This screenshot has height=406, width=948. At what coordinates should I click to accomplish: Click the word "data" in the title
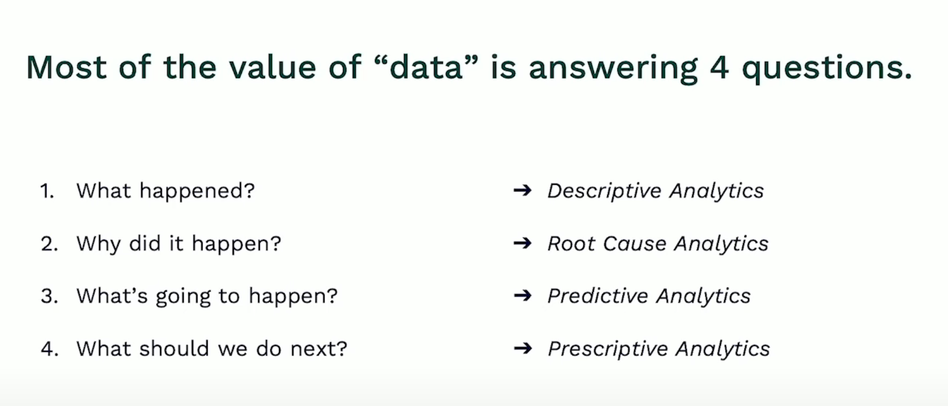426,67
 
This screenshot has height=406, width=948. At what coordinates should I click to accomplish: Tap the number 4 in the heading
719,68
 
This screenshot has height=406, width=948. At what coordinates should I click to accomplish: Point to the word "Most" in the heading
66,67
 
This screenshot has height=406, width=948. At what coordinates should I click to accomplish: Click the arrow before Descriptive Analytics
522,191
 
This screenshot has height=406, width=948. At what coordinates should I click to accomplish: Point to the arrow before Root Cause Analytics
522,243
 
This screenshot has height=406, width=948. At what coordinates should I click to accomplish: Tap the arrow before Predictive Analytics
522,296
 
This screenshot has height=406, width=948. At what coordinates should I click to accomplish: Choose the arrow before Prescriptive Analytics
522,349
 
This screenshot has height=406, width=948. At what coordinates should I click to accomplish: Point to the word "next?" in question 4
318,349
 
